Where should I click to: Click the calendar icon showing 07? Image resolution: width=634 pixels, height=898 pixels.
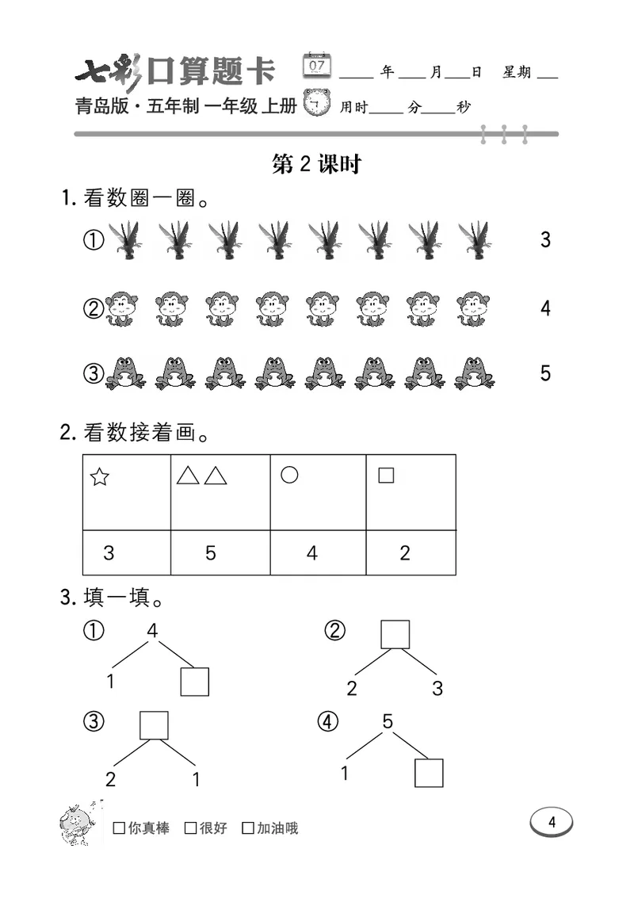pos(317,65)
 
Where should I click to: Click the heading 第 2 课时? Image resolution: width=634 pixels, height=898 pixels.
pos(316,164)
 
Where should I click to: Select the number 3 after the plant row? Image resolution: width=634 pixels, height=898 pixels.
pos(545,239)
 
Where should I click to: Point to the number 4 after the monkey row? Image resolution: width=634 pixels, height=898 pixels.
pos(545,308)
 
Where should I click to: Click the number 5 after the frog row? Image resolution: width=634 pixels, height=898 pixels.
pos(545,373)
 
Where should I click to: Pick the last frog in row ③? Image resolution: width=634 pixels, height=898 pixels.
pos(475,372)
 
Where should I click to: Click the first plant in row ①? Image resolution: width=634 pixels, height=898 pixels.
pos(123,239)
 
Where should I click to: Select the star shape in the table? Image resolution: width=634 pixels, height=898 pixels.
pos(99,477)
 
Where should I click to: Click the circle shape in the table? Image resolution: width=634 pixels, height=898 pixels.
pos(289,475)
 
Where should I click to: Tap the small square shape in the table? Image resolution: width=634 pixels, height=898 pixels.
pos(386,476)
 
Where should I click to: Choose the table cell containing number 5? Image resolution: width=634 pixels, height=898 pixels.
pos(211,553)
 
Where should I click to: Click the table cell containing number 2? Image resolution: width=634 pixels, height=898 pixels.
pos(405,553)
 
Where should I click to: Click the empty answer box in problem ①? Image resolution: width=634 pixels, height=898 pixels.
pos(194,681)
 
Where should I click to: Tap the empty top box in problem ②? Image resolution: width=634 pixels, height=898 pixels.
pos(395,634)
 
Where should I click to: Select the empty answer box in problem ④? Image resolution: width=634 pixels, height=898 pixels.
pos(429,772)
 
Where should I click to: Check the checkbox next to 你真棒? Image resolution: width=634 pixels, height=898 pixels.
pos(120,829)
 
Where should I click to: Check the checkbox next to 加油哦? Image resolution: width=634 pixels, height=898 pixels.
pos(248,829)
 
